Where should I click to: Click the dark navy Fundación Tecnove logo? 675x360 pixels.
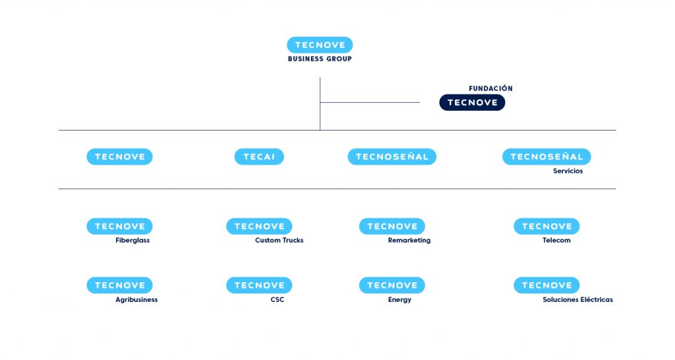pyautogui.click(x=472, y=102)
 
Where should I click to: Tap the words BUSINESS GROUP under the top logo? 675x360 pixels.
pyautogui.click(x=320, y=59)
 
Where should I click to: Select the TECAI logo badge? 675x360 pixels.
pyautogui.click(x=259, y=157)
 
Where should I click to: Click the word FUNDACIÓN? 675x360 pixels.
pyautogui.click(x=490, y=88)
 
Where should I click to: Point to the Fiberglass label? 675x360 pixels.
pyautogui.click(x=132, y=240)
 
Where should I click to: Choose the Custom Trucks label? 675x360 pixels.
pyautogui.click(x=279, y=240)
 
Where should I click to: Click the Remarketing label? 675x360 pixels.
pyautogui.click(x=409, y=240)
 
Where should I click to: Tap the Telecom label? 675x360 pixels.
pyautogui.click(x=556, y=240)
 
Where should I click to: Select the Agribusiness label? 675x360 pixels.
pyautogui.click(x=136, y=300)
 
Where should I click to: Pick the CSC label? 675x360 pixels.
pyautogui.click(x=278, y=300)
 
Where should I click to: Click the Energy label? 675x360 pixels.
pyautogui.click(x=399, y=300)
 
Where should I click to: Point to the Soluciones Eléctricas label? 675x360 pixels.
pyautogui.click(x=577, y=300)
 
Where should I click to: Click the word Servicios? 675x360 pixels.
pyautogui.click(x=568, y=171)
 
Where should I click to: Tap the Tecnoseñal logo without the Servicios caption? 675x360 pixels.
pyautogui.click(x=392, y=157)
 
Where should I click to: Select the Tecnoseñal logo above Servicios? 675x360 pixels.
pyautogui.click(x=546, y=157)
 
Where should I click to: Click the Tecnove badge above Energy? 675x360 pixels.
pyautogui.click(x=392, y=285)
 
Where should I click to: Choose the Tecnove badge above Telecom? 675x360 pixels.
pyautogui.click(x=546, y=226)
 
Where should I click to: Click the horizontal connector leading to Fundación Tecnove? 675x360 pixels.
pyautogui.click(x=370, y=102)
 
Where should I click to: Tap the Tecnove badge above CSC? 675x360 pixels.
pyautogui.click(x=259, y=285)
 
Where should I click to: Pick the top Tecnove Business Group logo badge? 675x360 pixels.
pyautogui.click(x=320, y=45)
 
